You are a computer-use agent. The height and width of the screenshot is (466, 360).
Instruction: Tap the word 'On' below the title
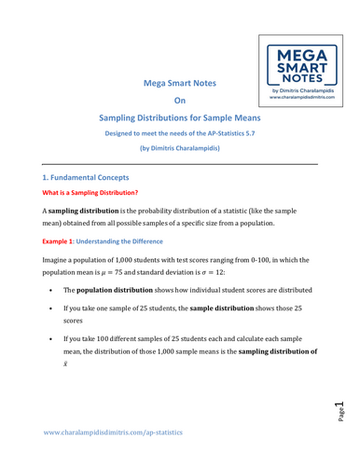point(181,111)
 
